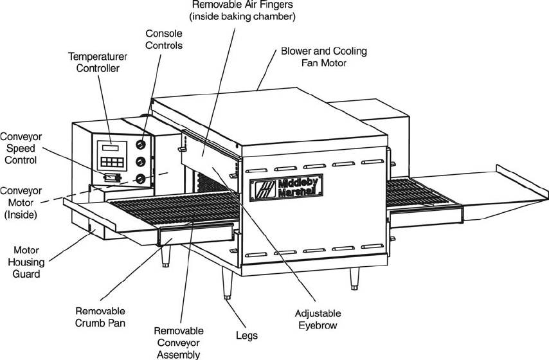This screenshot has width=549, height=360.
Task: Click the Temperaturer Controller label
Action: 98,62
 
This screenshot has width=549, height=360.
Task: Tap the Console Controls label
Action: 164,40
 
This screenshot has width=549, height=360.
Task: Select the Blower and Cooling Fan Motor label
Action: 324,57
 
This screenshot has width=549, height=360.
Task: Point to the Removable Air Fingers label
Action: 242,10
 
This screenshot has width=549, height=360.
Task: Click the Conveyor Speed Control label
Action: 21,148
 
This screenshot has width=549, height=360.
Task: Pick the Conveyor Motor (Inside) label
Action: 21,203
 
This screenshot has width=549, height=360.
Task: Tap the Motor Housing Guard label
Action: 26,262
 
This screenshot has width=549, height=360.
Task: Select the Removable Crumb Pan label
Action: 100,317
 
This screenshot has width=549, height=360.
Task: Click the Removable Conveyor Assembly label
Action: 179,343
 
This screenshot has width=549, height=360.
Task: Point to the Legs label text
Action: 247,336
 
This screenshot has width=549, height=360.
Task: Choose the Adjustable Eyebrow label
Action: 318,319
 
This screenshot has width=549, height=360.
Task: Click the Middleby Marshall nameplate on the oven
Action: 286,188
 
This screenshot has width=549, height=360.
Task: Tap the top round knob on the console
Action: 141,144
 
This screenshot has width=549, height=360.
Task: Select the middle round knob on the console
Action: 141,161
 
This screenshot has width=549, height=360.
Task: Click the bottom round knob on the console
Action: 141,179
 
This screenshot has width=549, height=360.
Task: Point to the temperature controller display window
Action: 111,147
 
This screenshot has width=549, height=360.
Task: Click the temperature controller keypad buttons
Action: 112,162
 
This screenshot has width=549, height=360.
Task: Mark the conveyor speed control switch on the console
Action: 112,177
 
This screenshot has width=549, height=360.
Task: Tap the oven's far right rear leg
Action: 355,279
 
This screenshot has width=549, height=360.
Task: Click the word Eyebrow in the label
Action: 318,325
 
